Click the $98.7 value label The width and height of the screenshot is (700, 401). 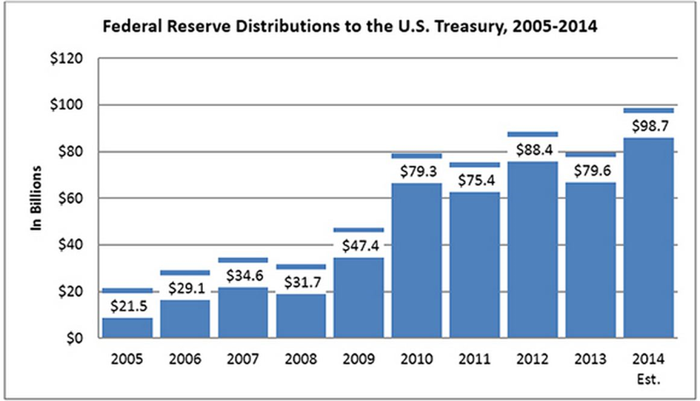point(648,125)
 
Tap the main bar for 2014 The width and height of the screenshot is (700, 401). point(648,237)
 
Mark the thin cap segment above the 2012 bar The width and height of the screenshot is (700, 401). point(532,134)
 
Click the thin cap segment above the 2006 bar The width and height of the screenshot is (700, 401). point(184,273)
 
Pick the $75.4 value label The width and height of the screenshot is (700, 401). point(474,180)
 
